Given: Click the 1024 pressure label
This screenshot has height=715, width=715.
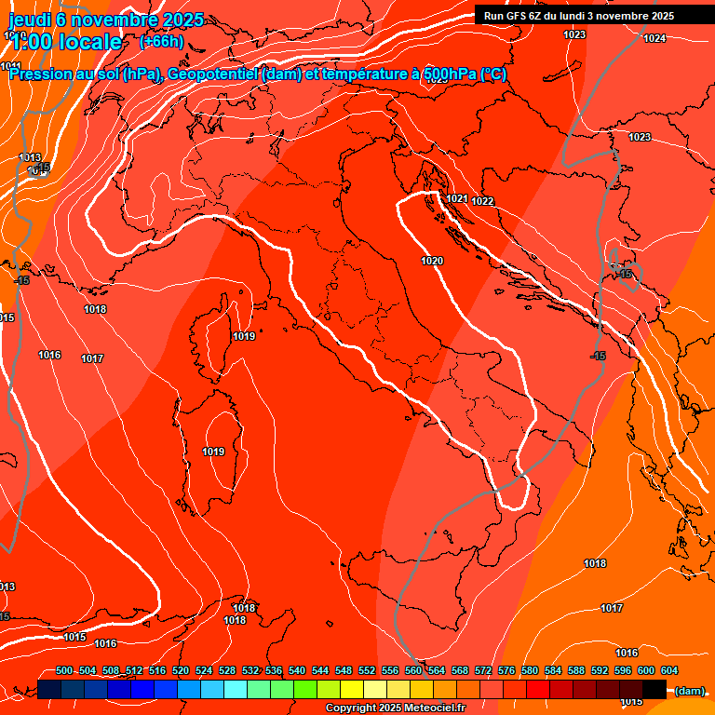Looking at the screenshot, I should tap(654, 38).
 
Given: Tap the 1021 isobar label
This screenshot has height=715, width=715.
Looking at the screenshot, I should tap(456, 198).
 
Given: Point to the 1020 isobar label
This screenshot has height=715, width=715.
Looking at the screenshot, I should tap(431, 261).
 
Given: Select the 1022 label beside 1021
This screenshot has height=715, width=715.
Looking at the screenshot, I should tap(482, 201).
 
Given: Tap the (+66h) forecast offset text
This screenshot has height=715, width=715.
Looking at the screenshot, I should tap(161, 41).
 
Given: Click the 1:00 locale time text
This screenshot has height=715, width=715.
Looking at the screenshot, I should tap(66, 42).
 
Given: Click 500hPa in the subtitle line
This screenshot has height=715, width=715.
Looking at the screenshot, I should tap(445, 74).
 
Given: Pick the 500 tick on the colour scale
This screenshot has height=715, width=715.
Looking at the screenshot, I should tap(64, 670).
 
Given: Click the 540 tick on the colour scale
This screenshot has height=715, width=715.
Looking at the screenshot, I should tap(297, 670).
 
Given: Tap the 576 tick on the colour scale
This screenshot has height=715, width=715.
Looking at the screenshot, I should tap(506, 670).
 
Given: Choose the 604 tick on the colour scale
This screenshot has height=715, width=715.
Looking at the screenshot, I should tap(668, 670).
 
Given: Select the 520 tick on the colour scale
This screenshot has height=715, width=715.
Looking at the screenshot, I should tap(181, 670).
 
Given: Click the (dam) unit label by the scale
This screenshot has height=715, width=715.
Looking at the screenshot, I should tap(689, 691).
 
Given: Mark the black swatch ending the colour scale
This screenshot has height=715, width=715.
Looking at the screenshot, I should tap(654, 690).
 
